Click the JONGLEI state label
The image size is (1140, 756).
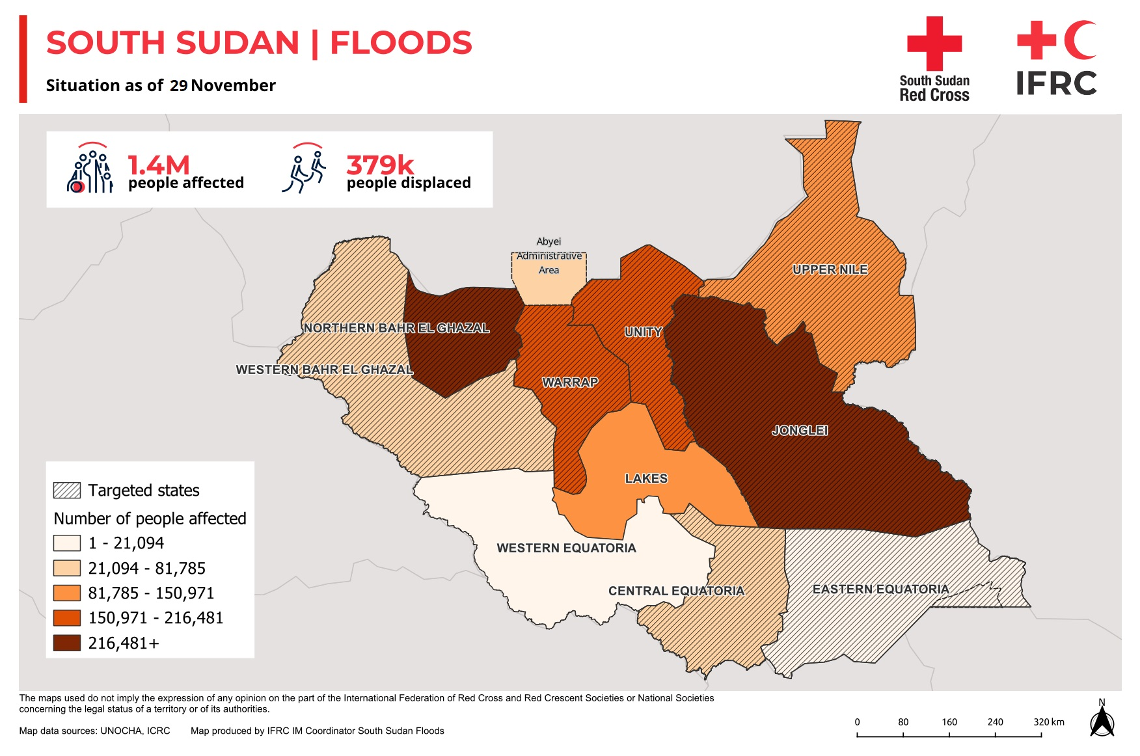[799, 430]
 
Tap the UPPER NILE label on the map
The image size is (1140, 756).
[830, 269]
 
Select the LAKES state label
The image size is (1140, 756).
[646, 478]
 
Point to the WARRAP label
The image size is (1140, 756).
[570, 382]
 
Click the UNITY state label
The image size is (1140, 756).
[643, 332]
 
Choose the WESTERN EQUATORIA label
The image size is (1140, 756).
[566, 548]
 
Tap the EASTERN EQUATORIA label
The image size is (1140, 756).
[880, 589]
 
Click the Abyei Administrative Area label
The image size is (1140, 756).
[549, 256]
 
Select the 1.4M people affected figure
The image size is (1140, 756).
[158, 165]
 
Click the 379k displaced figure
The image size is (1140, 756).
[380, 165]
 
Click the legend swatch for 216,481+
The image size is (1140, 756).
[67, 643]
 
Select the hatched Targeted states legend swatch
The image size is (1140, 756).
[67, 491]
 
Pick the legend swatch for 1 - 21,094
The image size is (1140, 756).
[67, 543]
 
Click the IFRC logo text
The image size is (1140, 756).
[1056, 83]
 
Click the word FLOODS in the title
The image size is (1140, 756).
[401, 43]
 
